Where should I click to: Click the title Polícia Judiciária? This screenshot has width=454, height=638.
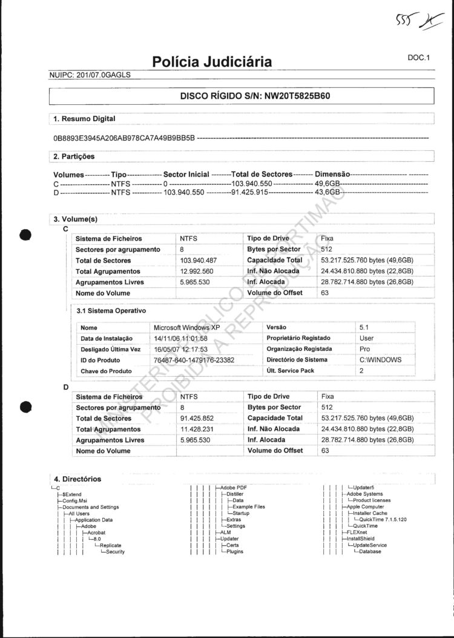coord(212,62)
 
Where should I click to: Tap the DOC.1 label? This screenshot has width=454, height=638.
coord(418,58)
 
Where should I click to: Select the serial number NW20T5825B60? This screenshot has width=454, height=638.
coord(297,96)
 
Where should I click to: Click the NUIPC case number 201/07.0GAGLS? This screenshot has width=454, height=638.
coord(103,75)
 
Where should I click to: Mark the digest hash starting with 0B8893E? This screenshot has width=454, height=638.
coord(124,138)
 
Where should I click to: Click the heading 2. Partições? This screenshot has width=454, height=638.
coord(74,156)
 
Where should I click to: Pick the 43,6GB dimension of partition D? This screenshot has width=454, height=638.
coord(329,192)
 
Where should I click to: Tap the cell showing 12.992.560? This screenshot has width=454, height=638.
coord(197,271)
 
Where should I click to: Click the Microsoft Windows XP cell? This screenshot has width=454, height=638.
coord(187,327)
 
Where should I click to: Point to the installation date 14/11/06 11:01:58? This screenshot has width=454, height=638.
coord(181,338)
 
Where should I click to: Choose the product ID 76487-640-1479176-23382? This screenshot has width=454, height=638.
coord(194,360)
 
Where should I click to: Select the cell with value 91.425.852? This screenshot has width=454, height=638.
coord(197,419)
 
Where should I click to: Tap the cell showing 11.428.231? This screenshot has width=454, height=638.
coord(197,430)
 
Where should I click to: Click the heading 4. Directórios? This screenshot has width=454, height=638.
coord(77,479)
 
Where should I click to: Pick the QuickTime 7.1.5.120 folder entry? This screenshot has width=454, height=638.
coord(383,519)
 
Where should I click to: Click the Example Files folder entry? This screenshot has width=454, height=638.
coord(249,507)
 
